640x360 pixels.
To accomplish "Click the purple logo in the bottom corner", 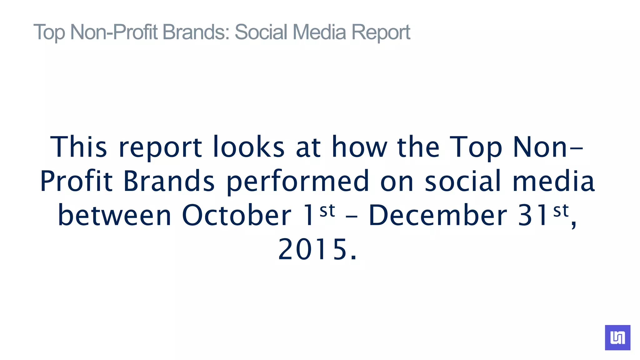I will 617,337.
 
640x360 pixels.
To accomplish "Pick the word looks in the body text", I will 249,147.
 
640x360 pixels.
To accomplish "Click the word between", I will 114,215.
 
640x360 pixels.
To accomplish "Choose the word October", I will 237,215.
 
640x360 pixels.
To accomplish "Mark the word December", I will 438,215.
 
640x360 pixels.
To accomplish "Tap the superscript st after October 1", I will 327,211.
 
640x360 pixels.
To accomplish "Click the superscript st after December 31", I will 561,211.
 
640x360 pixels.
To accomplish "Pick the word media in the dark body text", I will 553,181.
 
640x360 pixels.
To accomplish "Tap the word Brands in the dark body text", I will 169,181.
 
